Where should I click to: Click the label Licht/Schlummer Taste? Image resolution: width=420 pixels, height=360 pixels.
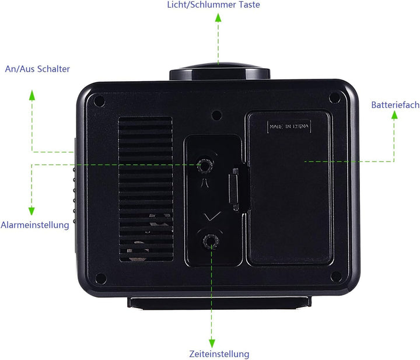coord(213,5)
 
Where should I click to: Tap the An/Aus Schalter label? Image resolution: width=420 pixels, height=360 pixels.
coord(37,69)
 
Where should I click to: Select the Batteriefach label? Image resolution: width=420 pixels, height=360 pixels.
coord(395,104)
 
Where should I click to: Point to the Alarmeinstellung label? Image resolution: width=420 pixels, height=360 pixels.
coord(35,225)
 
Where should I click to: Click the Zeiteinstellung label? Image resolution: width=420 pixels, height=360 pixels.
coord(219,354)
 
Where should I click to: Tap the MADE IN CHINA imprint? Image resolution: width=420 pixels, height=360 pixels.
coord(289,126)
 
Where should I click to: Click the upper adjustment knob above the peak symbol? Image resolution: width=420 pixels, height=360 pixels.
coord(205,166)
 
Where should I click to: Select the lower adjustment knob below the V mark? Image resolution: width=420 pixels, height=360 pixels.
coord(211,242)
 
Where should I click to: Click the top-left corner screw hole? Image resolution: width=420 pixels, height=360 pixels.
coord(99,102)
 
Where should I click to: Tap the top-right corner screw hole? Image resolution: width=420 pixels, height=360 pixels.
coord(335,97)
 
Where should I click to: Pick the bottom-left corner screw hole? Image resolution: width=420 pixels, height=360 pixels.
coord(101,278)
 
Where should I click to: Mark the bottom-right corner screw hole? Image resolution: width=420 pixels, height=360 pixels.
coord(336,277)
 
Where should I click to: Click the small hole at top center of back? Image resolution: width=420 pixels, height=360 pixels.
coord(216,116)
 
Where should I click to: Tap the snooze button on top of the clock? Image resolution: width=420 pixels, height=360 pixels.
coord(220,72)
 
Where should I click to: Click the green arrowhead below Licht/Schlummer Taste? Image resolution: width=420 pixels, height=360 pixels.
coord(218,18)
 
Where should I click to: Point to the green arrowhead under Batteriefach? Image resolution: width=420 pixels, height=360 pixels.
coord(394,115)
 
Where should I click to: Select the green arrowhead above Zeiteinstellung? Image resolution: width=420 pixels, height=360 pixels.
coord(212,344)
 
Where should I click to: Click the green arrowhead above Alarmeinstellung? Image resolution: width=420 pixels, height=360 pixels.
coord(32,211)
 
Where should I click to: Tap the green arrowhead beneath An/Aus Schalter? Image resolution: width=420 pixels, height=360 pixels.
coord(32,95)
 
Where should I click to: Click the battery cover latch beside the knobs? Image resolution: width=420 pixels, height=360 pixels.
coord(234,189)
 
